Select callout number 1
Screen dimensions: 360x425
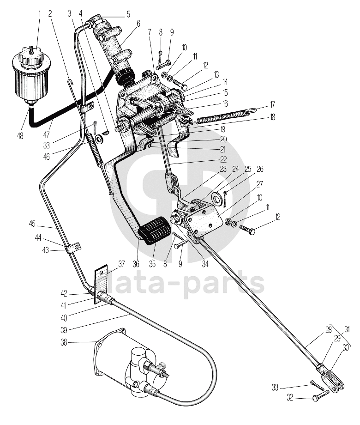coord(40,13)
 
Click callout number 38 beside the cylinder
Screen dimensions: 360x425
coord(64,343)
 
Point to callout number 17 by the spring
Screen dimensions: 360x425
coord(272,104)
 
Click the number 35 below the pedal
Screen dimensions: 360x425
coord(152,264)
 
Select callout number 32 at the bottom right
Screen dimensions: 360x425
coord(290,398)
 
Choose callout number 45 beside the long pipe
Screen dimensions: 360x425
coord(32,224)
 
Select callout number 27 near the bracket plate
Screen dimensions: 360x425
coord(259,184)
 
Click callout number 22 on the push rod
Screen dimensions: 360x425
coord(223,159)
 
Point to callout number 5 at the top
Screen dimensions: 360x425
coord(128,14)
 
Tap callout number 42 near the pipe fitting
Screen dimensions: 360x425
coord(64,293)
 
